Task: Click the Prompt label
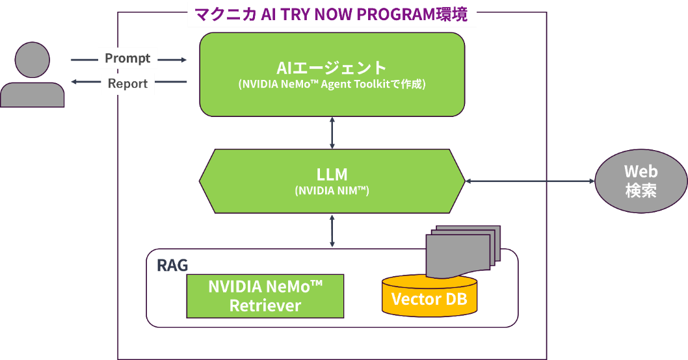click(x=127, y=58)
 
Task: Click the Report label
click(x=127, y=84)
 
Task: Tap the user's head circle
click(x=32, y=60)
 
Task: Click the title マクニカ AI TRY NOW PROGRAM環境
click(x=332, y=14)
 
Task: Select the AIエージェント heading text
click(x=332, y=68)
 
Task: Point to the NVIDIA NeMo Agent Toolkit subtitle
click(x=332, y=84)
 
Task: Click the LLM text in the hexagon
click(x=332, y=174)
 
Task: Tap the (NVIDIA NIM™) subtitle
click(x=332, y=190)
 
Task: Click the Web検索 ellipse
click(x=640, y=181)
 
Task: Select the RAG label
click(x=172, y=265)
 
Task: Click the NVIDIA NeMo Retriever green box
click(x=265, y=296)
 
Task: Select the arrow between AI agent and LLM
click(x=332, y=133)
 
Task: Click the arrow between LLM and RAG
click(x=332, y=231)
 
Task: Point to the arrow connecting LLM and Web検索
click(x=530, y=181)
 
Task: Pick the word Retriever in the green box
click(x=265, y=305)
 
